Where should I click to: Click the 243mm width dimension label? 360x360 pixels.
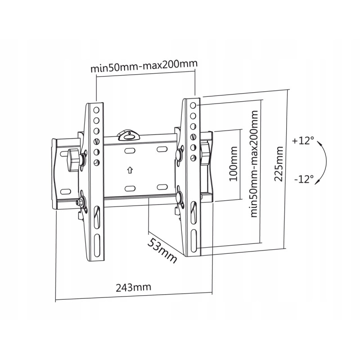point(133,287)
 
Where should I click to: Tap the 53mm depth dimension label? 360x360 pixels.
point(162,250)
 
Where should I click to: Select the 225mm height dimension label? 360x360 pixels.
point(279,164)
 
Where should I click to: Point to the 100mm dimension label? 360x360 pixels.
point(234,163)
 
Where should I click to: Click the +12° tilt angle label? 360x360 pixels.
point(303,140)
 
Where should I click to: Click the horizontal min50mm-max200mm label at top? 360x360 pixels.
point(144,66)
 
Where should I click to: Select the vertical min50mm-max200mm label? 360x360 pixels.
point(254,164)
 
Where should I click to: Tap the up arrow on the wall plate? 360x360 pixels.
point(130,170)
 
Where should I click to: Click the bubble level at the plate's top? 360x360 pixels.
point(128,136)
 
